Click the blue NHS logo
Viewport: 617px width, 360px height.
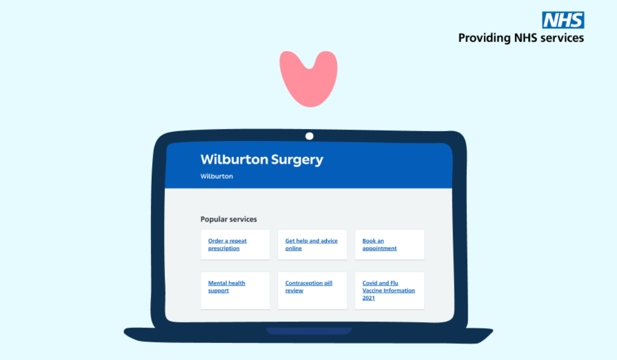[x=563, y=20]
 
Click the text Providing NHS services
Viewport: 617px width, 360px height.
[x=521, y=38]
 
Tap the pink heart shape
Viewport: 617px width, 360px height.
[x=308, y=77]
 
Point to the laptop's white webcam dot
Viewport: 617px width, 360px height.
[x=309, y=136]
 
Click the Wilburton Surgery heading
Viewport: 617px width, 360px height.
[x=262, y=159]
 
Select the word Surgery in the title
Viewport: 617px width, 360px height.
[x=297, y=159]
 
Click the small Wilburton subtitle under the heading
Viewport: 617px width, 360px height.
[x=216, y=176]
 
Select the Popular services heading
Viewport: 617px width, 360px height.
[x=228, y=220]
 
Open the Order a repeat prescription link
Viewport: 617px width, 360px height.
[x=227, y=245]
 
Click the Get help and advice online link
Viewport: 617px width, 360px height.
[x=311, y=245]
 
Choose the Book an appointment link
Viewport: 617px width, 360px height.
[x=379, y=245]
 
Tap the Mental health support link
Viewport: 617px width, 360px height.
[x=226, y=287]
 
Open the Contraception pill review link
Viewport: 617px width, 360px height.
[x=308, y=287]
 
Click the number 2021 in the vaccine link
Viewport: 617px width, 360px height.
[x=369, y=298]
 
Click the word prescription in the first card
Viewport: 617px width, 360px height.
[x=224, y=249]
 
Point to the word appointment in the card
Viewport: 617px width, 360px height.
[x=379, y=249]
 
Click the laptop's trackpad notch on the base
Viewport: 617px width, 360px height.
[x=308, y=331]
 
